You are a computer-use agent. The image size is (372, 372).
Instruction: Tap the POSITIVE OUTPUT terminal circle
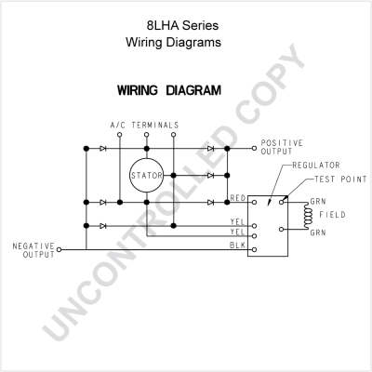[x=254, y=149]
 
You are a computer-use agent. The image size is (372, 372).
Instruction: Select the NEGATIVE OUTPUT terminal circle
[x=59, y=249]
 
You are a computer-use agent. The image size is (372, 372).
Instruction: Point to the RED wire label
[x=238, y=198]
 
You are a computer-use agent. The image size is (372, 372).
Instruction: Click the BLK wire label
[x=237, y=246]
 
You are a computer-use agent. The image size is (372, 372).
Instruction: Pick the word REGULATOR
[x=316, y=166]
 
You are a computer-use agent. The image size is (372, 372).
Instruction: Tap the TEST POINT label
[x=340, y=179]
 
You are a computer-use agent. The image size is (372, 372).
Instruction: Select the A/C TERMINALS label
[x=144, y=126]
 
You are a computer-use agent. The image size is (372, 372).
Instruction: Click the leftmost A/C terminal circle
[x=120, y=135]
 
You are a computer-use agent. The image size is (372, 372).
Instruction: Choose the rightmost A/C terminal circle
[x=174, y=135]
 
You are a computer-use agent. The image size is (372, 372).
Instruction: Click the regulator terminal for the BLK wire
[x=254, y=249]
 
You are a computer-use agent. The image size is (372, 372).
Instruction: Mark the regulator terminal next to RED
[x=254, y=203]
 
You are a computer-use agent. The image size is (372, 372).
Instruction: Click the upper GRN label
[x=318, y=202]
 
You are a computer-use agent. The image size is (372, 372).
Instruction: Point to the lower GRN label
[x=318, y=232]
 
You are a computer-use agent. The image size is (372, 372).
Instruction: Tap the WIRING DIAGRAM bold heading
[x=169, y=90]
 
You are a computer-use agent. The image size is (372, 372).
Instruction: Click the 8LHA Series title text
[x=182, y=25]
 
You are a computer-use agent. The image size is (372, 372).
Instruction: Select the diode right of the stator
[x=211, y=176]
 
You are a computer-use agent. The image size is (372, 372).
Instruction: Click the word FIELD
[x=332, y=215]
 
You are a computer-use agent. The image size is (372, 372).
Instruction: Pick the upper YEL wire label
[x=237, y=221]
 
